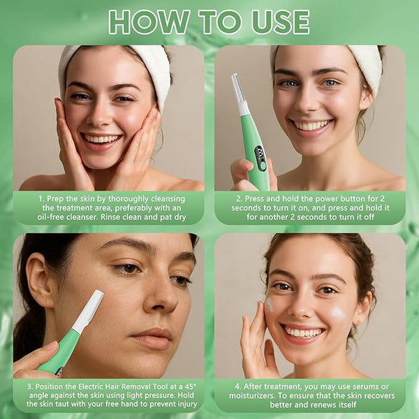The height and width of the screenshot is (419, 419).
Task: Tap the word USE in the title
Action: [280, 22]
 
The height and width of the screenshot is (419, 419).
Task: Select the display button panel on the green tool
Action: [260, 159]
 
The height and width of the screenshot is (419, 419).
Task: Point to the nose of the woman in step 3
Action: [162, 297]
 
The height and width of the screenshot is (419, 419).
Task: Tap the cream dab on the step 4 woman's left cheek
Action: [338, 313]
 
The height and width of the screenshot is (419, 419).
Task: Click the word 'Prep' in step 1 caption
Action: [54, 199]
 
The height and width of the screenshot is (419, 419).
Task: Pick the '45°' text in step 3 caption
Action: [191, 386]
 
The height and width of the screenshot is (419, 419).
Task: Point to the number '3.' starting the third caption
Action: [30, 387]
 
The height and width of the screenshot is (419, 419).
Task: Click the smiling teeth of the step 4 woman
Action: [303, 333]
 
